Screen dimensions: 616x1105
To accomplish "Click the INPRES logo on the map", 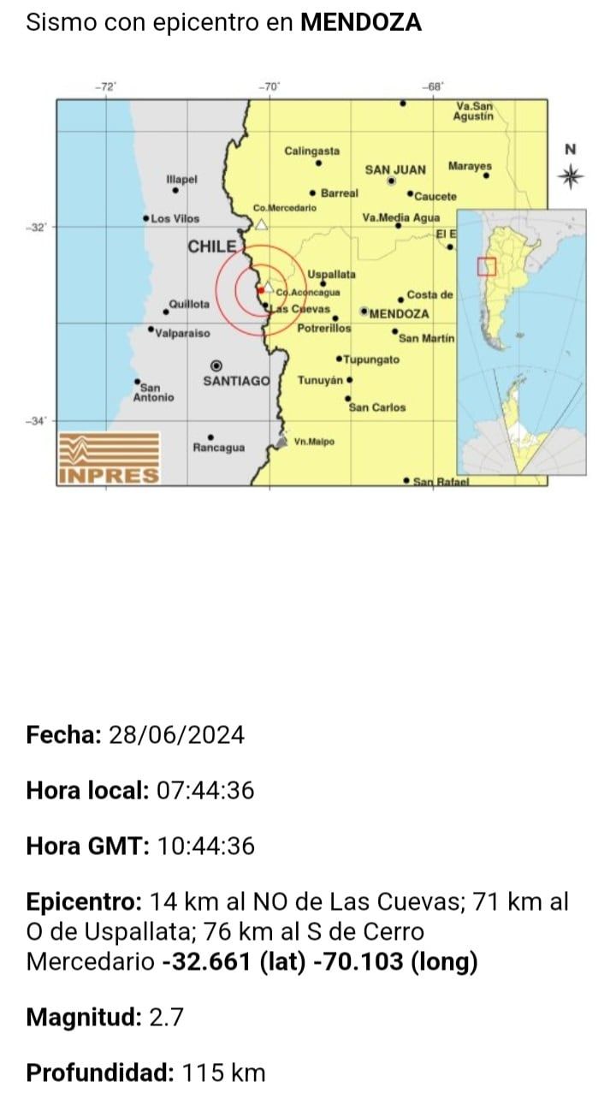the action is pyautogui.click(x=109, y=459).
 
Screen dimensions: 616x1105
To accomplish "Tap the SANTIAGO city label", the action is pyautogui.click(x=236, y=381).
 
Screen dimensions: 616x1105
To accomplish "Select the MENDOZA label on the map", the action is pyautogui.click(x=399, y=313).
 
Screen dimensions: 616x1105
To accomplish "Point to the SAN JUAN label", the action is pyautogui.click(x=394, y=169).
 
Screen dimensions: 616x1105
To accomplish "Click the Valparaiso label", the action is pyautogui.click(x=183, y=333).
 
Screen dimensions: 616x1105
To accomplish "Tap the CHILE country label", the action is pyautogui.click(x=211, y=247).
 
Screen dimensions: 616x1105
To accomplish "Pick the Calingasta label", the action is pyautogui.click(x=311, y=151).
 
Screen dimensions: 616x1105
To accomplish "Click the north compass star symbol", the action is pyautogui.click(x=571, y=177).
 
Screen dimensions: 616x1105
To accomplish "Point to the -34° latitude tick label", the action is pyautogui.click(x=37, y=421).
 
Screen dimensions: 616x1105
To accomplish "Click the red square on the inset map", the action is pyautogui.click(x=486, y=267).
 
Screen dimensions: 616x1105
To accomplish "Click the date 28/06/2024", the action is pyautogui.click(x=176, y=735).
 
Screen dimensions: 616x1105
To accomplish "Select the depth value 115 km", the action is pyautogui.click(x=222, y=1072).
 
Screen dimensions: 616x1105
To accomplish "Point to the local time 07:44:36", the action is pyautogui.click(x=205, y=791).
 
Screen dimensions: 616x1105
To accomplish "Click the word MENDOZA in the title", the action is pyautogui.click(x=360, y=23).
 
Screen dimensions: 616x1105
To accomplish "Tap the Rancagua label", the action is pyautogui.click(x=218, y=448).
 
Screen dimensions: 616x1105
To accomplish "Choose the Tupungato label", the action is pyautogui.click(x=371, y=360).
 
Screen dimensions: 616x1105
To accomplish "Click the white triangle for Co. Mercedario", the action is pyautogui.click(x=262, y=224).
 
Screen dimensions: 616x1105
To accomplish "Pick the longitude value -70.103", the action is pyautogui.click(x=358, y=961).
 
